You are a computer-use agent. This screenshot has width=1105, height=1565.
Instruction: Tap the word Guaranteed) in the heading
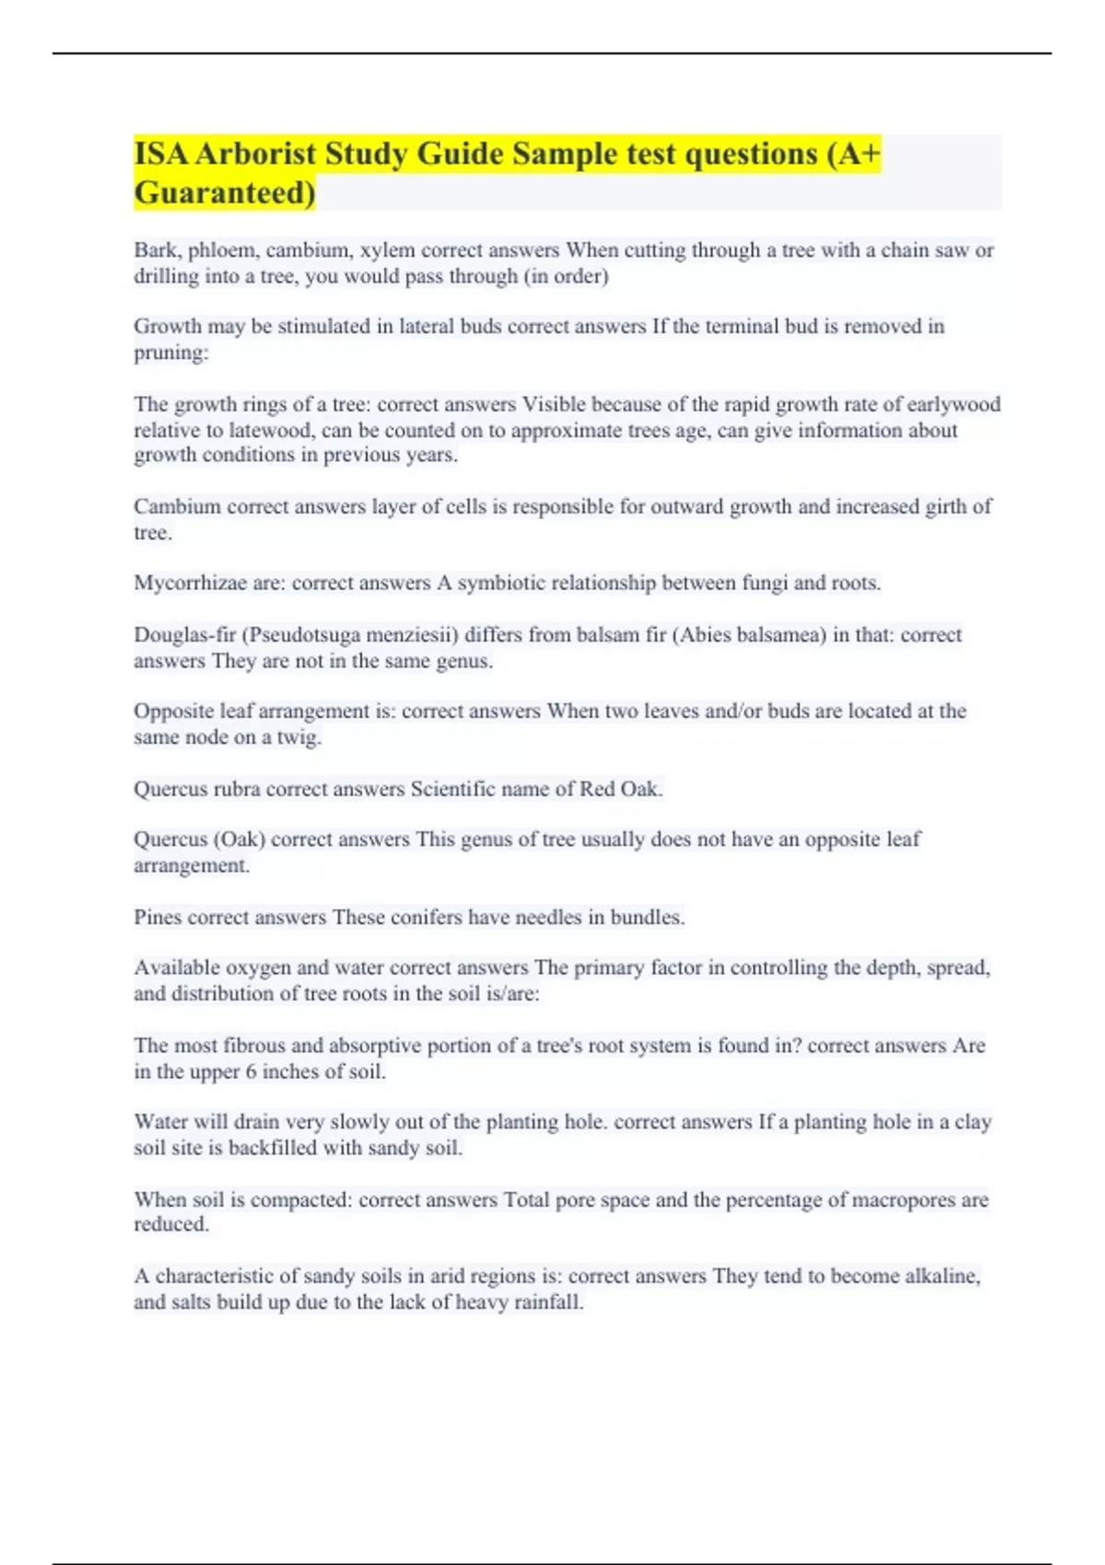225,192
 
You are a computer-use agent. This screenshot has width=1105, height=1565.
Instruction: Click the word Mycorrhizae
190,584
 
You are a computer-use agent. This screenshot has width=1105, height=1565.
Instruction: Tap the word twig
298,737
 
